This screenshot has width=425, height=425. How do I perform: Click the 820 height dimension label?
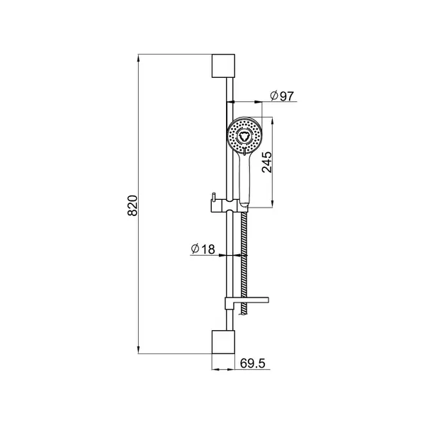(132, 205)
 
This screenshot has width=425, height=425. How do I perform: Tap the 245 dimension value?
(267, 162)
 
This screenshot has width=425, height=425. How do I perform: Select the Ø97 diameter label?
(282, 96)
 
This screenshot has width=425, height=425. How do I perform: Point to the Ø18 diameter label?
(203, 249)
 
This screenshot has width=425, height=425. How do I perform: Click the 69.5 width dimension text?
(253, 363)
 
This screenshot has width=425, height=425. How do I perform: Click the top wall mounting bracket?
(223, 66)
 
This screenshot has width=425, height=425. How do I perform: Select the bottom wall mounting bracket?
(223, 342)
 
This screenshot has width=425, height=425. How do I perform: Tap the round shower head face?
(244, 135)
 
